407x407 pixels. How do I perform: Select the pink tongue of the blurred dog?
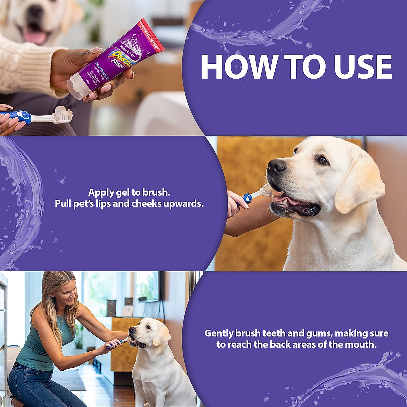tap(34, 36)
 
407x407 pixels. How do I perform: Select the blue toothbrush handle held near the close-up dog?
tap(247, 198)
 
